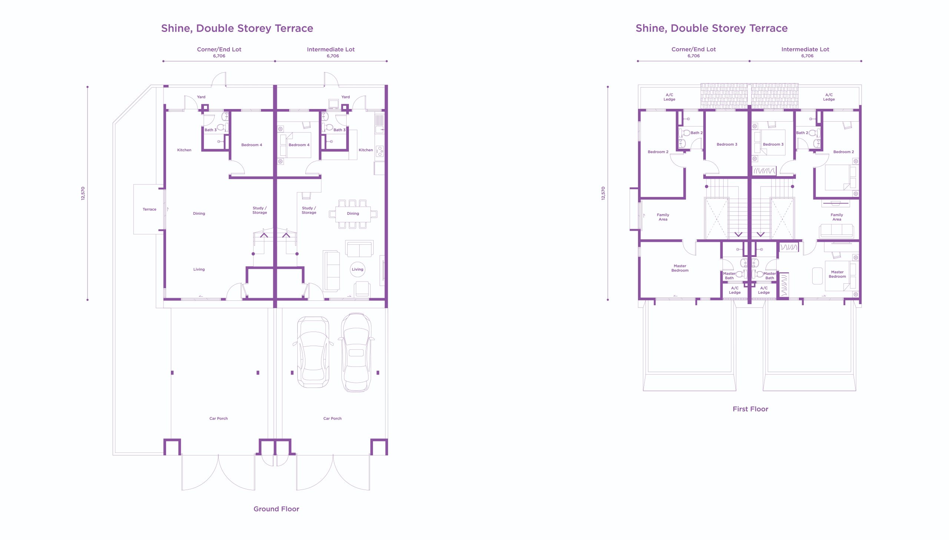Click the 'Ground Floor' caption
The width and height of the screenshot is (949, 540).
[x=276, y=509]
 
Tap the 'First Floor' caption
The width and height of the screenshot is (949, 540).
[x=750, y=409]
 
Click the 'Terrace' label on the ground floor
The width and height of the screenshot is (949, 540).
[x=149, y=209]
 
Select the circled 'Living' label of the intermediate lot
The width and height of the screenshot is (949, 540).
[x=357, y=269]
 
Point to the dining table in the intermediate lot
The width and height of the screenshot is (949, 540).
[x=353, y=214]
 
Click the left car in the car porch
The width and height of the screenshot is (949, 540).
[x=313, y=352]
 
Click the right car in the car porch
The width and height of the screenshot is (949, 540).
[x=356, y=352]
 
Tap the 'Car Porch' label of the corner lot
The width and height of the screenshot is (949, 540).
[x=218, y=418]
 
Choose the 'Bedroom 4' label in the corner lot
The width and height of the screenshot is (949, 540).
[x=251, y=145]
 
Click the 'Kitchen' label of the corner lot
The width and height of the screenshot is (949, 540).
[x=184, y=150]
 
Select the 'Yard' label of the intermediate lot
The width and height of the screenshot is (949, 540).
[x=345, y=97]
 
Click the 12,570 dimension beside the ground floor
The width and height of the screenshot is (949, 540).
[x=83, y=193]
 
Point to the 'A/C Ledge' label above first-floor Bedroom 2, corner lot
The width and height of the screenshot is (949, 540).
[x=669, y=97]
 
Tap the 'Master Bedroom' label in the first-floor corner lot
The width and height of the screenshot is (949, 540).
[x=680, y=268]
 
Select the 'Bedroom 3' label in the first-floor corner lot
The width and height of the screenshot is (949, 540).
[x=727, y=144]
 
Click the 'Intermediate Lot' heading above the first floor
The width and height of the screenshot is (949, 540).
[x=805, y=49]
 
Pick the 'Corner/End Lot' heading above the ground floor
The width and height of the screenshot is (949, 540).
[x=219, y=49]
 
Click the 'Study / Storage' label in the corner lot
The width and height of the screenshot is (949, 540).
[x=259, y=210]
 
